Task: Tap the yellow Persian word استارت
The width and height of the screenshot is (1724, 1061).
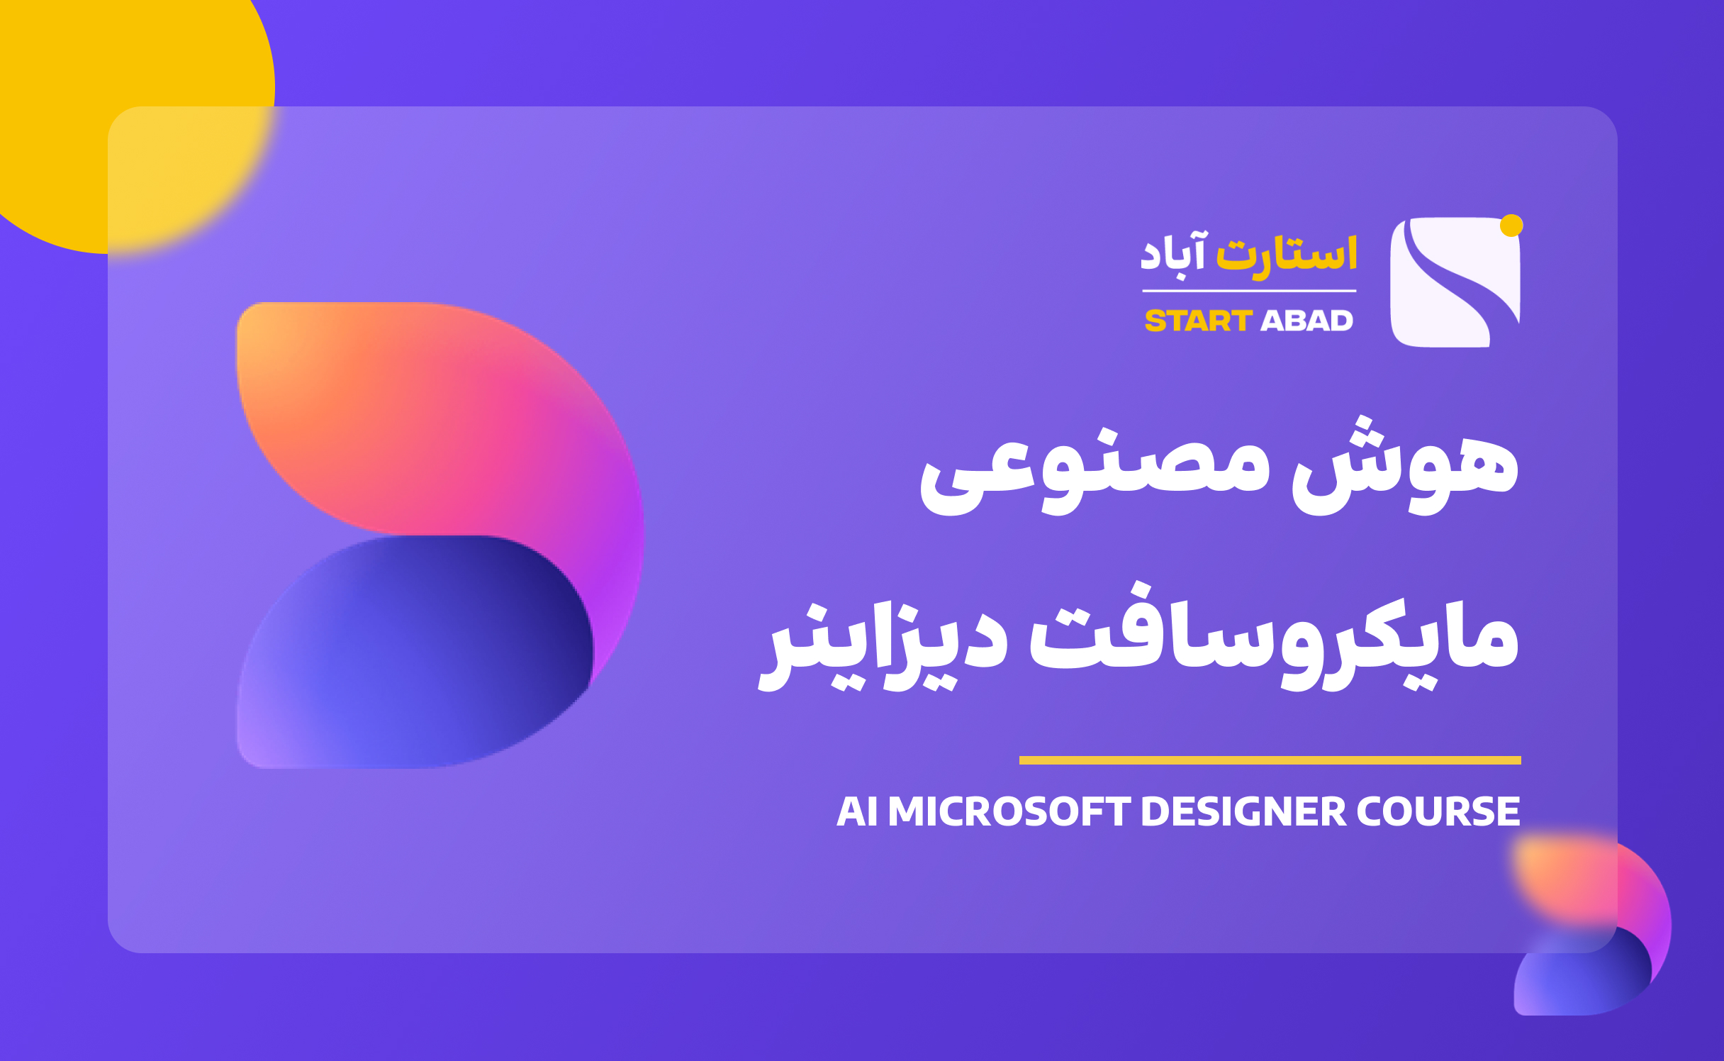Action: (1287, 254)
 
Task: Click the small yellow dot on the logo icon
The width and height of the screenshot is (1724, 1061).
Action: (1511, 226)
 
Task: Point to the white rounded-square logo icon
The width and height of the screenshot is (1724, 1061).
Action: (1455, 282)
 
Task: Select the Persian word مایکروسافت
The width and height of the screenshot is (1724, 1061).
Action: (1274, 636)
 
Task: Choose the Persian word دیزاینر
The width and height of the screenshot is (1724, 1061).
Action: (883, 645)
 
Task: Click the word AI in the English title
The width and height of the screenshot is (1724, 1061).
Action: (857, 811)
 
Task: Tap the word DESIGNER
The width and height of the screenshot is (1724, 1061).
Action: (1243, 811)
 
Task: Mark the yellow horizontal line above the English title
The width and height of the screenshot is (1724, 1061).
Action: (1270, 760)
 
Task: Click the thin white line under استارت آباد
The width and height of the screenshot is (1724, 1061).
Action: (1249, 291)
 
